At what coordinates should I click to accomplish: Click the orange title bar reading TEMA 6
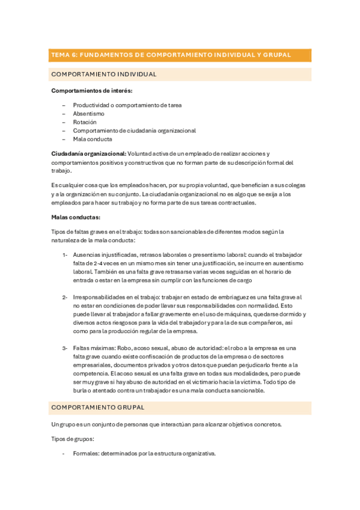180,55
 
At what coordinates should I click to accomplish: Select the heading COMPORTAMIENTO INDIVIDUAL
104,75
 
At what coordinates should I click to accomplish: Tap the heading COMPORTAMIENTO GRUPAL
98,407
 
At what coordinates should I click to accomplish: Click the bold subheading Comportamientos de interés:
92,91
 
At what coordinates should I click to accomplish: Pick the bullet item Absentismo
88,113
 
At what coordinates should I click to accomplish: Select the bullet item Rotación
85,122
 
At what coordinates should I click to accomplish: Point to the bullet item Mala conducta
93,139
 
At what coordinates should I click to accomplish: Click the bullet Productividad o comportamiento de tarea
127,105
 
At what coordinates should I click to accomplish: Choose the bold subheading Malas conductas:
76,217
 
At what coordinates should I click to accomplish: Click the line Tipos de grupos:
73,439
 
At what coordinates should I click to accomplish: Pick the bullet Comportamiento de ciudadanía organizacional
135,131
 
